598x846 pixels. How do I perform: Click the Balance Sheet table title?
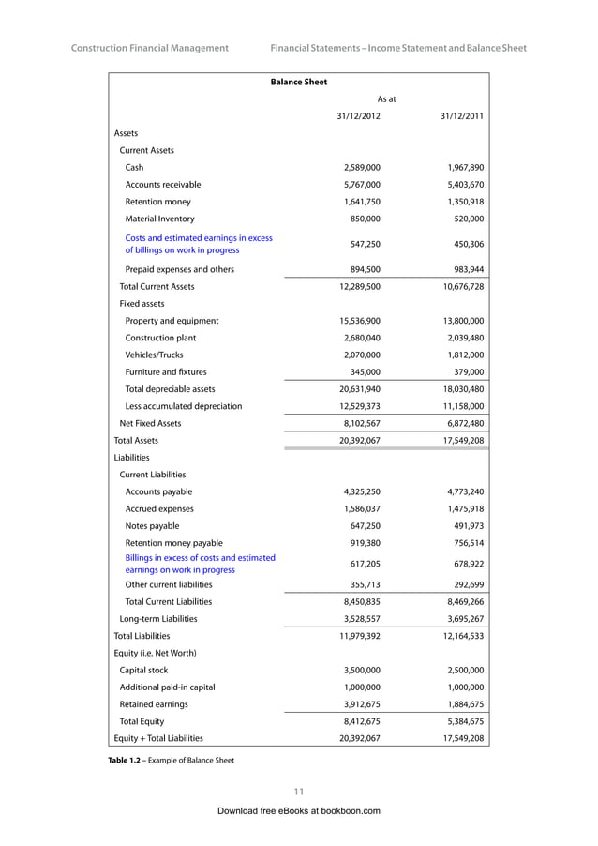tap(298, 83)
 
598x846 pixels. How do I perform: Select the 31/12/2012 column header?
tap(358, 116)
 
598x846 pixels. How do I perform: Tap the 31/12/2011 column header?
tap(461, 116)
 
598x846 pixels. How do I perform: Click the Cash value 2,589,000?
tap(360, 167)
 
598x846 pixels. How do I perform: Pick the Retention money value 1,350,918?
tap(462, 202)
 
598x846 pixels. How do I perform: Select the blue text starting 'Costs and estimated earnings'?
tap(199, 244)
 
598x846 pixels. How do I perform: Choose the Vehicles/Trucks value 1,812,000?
tap(462, 355)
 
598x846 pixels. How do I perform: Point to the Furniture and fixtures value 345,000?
tap(364, 372)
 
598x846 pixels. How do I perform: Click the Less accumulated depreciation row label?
tap(184, 406)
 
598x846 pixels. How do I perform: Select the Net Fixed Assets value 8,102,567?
tap(360, 423)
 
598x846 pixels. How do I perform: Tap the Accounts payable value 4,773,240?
tap(462, 491)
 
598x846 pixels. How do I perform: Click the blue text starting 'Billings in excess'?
tap(200, 564)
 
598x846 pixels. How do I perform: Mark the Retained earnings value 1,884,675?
tap(462, 704)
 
